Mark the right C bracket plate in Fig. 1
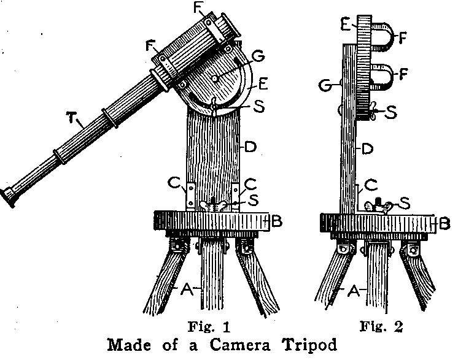[x=235, y=195]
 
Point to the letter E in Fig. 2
[x=346, y=24]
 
